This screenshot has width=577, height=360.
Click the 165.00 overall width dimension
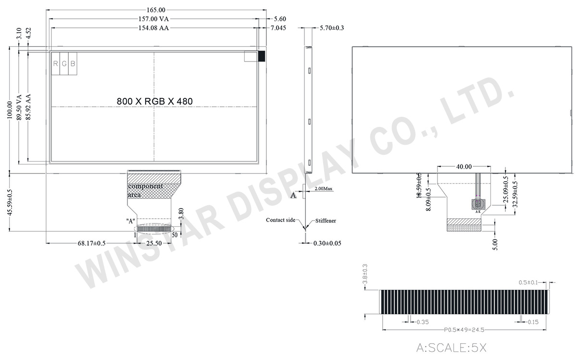click(x=155, y=10)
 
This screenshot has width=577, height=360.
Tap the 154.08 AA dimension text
click(x=155, y=28)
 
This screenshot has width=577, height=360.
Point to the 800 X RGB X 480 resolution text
click(x=154, y=101)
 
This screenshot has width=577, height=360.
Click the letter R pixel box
click(x=56, y=63)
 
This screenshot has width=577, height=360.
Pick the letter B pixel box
click(x=73, y=63)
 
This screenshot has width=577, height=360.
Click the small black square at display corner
click(x=262, y=56)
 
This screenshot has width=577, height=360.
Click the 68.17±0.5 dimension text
click(x=92, y=244)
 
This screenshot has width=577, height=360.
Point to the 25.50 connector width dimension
click(x=154, y=244)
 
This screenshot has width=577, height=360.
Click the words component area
click(x=145, y=190)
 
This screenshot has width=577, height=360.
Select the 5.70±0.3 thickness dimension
click(x=332, y=28)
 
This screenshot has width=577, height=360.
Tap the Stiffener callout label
click(x=326, y=221)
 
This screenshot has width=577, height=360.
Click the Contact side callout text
click(x=281, y=220)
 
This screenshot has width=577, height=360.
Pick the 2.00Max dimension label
click(x=324, y=189)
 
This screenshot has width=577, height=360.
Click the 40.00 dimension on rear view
click(x=464, y=166)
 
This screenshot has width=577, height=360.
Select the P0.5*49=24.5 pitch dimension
click(x=465, y=330)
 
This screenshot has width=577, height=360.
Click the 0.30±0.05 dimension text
click(x=327, y=243)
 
